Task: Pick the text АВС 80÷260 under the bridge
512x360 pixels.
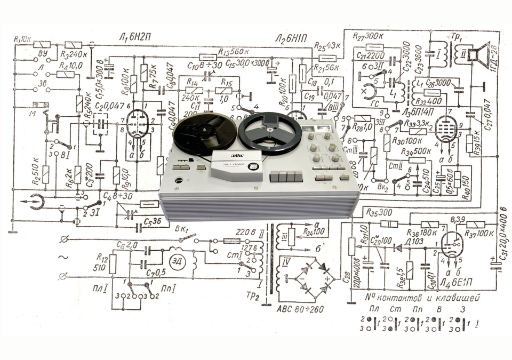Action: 301,310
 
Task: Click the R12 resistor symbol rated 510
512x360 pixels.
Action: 113,263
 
